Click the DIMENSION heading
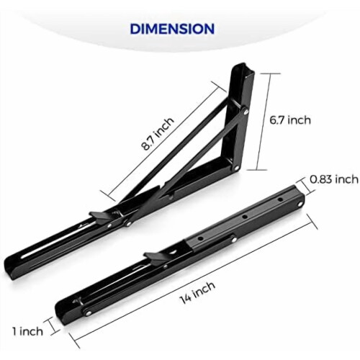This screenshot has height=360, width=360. point(172,29)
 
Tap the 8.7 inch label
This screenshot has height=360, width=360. point(158,134)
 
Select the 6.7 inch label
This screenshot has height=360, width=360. point(290,120)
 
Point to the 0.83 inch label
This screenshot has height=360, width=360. point(334,179)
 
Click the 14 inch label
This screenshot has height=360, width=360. point(197,292)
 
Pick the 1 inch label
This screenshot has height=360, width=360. point(28,331)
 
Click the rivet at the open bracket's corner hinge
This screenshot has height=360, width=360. point(236,168)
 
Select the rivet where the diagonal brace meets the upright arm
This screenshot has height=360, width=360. point(246,111)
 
